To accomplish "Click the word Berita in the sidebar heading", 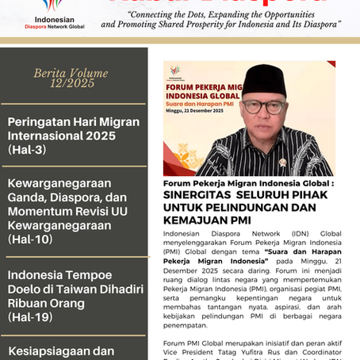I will tap(51, 72).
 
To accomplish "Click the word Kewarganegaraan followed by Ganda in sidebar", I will tap(56, 184).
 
